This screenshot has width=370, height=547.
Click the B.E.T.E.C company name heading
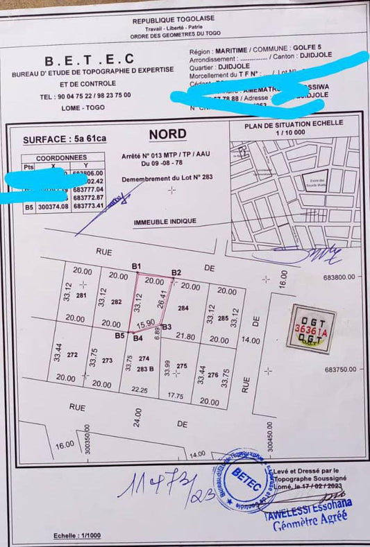[x=88, y=60]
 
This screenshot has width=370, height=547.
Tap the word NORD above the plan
[x=167, y=134]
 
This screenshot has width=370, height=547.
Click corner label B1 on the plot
[x=137, y=266]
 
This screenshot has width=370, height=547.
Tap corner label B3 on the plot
[x=167, y=327]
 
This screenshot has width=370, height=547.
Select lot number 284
[x=183, y=308]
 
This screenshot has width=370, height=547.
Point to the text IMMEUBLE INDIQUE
[x=165, y=221]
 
